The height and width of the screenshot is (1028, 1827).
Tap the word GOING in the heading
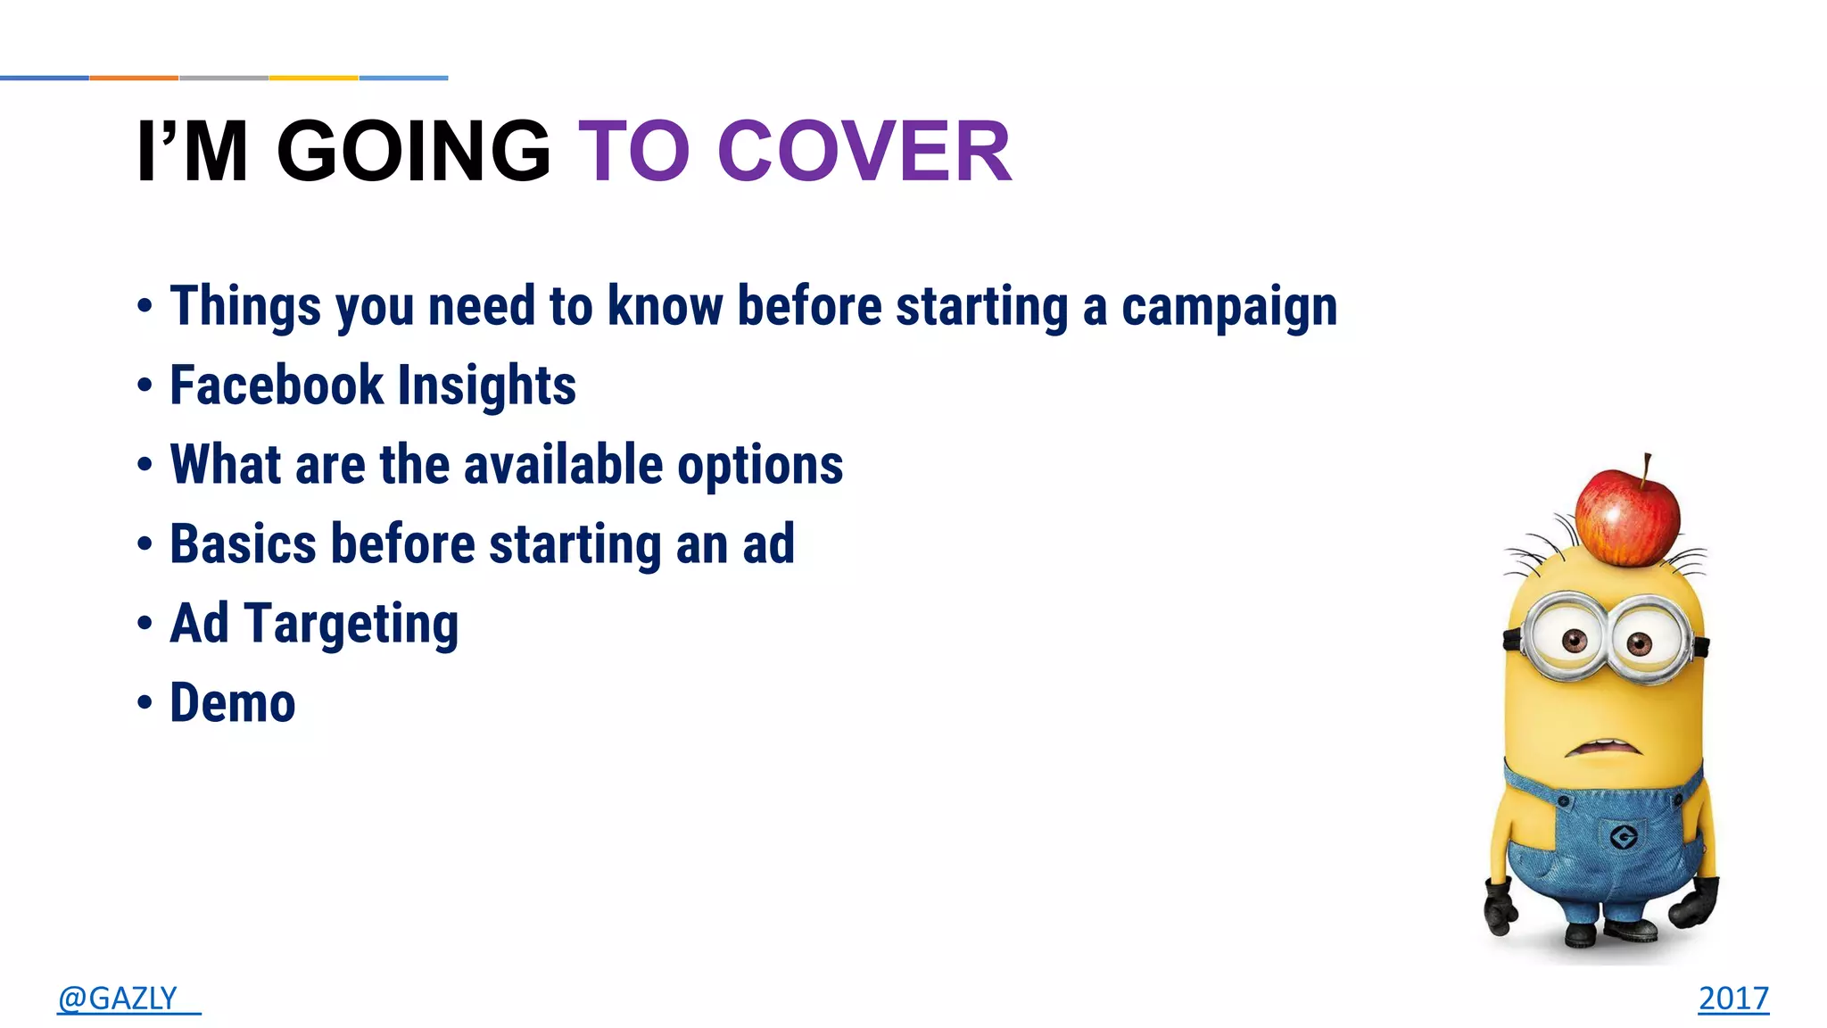click(x=414, y=152)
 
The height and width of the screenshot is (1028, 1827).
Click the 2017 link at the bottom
click(x=1732, y=998)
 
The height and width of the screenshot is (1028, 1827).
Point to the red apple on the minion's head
click(x=1626, y=518)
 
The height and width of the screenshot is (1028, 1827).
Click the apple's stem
click(x=1647, y=465)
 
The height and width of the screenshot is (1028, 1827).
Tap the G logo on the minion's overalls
click(x=1623, y=836)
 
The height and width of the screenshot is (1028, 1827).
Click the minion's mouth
click(x=1603, y=746)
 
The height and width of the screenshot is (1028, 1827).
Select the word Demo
click(x=232, y=703)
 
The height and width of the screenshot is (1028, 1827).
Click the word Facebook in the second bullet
click(x=277, y=385)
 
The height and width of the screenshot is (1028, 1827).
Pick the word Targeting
click(x=351, y=624)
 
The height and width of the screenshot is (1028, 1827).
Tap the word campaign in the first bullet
click(x=1228, y=307)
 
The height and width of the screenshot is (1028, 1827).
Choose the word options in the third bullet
click(x=759, y=465)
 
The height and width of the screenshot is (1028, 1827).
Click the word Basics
click(x=243, y=544)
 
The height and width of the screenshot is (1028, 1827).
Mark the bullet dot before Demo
click(x=145, y=702)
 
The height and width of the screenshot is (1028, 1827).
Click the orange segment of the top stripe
click(x=134, y=78)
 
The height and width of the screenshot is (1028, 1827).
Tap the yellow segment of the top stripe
click(x=313, y=78)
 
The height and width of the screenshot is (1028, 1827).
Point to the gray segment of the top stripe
click(x=224, y=78)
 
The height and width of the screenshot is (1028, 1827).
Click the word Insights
click(x=487, y=385)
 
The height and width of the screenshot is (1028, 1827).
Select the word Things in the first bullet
click(x=245, y=306)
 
